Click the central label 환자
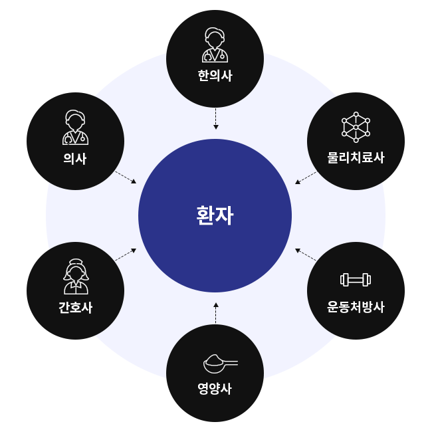215,215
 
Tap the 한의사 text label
215,76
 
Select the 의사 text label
75,159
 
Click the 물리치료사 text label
356,158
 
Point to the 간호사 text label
75,308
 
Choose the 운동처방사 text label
356,308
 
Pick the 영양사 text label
215,389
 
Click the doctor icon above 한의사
215,45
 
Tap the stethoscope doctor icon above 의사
75,128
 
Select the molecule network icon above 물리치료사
356,127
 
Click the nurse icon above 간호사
75,276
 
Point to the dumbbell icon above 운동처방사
356,280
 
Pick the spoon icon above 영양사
219,363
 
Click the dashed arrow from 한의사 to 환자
215,118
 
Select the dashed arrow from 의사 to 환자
126,177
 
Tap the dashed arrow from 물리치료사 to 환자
306,177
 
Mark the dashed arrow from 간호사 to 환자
126,254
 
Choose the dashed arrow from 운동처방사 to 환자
306,254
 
